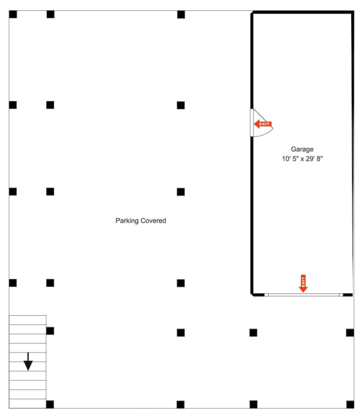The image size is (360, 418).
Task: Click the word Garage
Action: click(302, 149)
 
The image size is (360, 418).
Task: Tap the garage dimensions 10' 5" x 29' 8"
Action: click(302, 159)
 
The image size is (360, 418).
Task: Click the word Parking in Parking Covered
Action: click(127, 221)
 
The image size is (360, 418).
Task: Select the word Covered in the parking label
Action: click(153, 221)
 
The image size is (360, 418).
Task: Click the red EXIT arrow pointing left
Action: click(263, 124)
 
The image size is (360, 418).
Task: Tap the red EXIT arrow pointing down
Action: click(303, 284)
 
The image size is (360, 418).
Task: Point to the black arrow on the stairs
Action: click(28, 361)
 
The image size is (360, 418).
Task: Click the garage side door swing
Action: click(262, 122)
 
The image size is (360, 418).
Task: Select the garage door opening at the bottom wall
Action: click(303, 295)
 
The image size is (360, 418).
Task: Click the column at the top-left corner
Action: click(13, 14)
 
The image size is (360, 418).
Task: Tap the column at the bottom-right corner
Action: click(350, 404)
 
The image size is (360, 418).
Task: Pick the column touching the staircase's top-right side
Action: click(50, 331)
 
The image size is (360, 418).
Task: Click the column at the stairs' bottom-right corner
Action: click(50, 404)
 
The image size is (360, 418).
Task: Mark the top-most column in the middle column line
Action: click(181, 14)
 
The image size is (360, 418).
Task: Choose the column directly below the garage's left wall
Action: click(253, 333)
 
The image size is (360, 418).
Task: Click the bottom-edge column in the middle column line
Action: click(181, 404)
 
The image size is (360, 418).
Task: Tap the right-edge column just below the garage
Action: click(350, 333)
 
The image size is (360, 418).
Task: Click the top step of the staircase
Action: click(28, 320)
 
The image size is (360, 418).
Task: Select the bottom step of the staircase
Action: click(28, 404)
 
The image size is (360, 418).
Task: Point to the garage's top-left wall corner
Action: click(252, 13)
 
